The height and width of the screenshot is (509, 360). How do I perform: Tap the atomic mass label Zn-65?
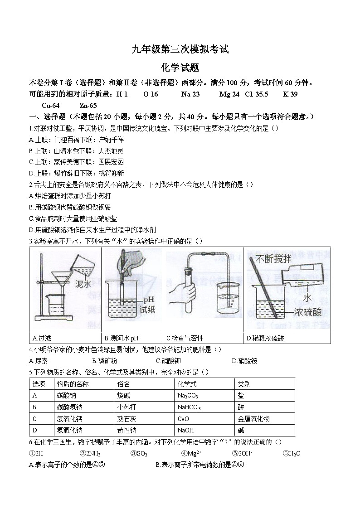tap(88, 105)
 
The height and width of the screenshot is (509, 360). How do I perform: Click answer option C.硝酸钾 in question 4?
tap(168, 361)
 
